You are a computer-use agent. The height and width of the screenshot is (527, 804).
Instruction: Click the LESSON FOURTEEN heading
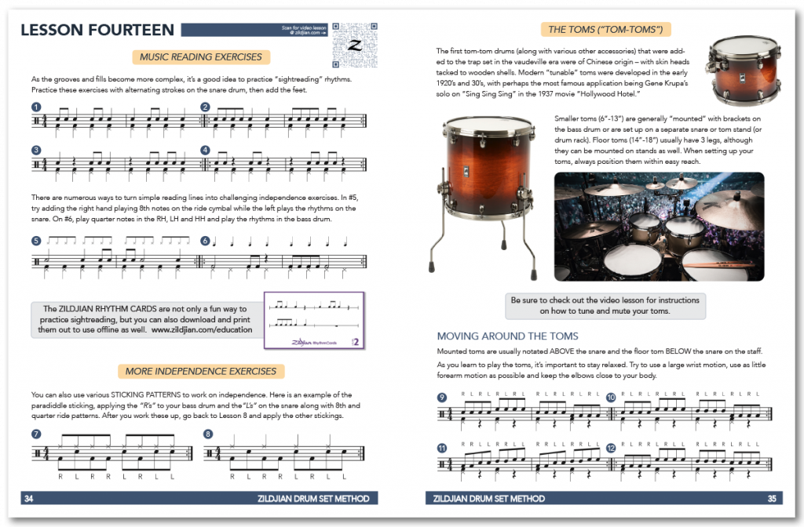click(97, 31)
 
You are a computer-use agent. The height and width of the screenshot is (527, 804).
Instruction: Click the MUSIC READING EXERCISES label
click(200, 56)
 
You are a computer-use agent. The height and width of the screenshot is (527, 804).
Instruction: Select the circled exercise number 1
click(36, 107)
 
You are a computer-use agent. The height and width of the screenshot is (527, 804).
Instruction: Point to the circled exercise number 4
click(206, 150)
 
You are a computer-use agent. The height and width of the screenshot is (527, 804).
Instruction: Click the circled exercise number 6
click(206, 242)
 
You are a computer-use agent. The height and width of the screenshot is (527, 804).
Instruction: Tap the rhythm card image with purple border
click(314, 321)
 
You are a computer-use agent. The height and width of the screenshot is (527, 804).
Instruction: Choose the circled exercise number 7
click(36, 434)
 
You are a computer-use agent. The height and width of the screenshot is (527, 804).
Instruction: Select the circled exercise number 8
click(207, 434)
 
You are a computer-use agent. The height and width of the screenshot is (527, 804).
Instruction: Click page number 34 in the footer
click(28, 499)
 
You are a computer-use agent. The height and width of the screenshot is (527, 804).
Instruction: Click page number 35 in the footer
click(771, 499)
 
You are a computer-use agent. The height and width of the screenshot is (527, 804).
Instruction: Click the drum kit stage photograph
click(659, 226)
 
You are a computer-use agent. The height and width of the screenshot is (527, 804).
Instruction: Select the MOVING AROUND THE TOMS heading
click(507, 336)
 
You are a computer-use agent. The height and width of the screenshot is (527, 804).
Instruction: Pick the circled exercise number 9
click(442, 398)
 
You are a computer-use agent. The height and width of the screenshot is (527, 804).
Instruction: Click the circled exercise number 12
click(611, 448)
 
